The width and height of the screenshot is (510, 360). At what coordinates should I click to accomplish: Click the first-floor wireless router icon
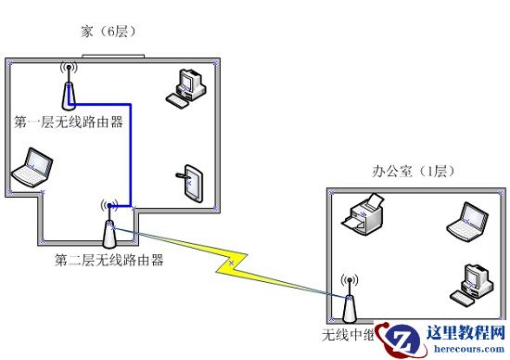pyautogui.click(x=68, y=90)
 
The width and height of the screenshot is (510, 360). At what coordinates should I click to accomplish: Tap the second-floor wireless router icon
pyautogui.click(x=109, y=225)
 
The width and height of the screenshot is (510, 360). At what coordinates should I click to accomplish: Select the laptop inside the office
pyautogui.click(x=465, y=220)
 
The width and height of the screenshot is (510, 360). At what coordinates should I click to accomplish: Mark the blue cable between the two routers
pyautogui.click(x=129, y=148)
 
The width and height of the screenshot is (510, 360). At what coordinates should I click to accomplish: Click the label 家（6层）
pyautogui.click(x=108, y=33)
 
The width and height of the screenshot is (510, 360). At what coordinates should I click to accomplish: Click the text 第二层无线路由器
pyautogui.click(x=108, y=261)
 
